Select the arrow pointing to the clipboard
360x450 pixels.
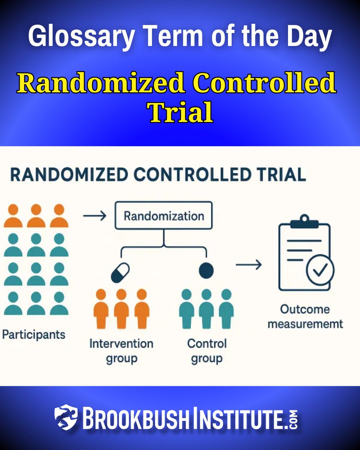(248, 265)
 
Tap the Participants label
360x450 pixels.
(34, 334)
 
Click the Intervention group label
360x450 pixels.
(121, 351)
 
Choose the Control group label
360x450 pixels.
(207, 351)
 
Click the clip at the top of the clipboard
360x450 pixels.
(304, 220)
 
